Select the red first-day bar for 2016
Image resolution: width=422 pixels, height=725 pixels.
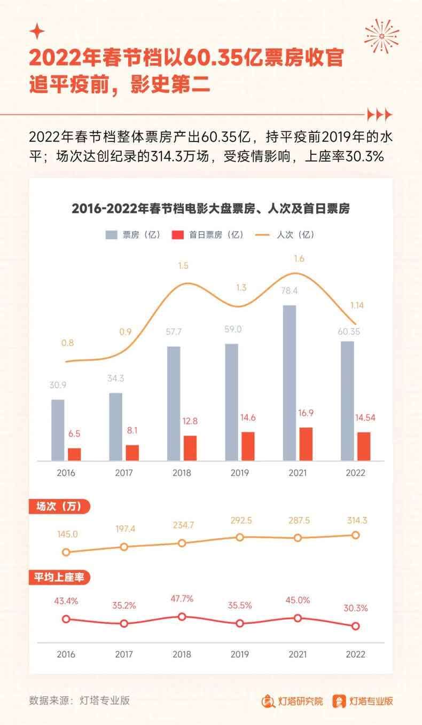74,454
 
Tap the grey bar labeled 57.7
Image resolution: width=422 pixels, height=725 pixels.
174,403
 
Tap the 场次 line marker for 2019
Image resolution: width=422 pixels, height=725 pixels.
240,537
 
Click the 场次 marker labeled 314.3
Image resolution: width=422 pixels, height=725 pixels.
355,535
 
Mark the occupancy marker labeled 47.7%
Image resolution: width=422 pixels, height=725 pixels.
182,617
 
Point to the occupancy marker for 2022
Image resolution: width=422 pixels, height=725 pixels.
355,626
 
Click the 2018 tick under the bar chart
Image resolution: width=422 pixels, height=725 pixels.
182,473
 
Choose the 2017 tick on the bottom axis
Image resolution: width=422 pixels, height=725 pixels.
124,655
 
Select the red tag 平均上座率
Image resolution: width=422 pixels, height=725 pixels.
59,577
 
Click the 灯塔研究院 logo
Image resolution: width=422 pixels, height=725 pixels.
292,701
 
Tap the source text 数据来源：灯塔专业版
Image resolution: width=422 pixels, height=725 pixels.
80,700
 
